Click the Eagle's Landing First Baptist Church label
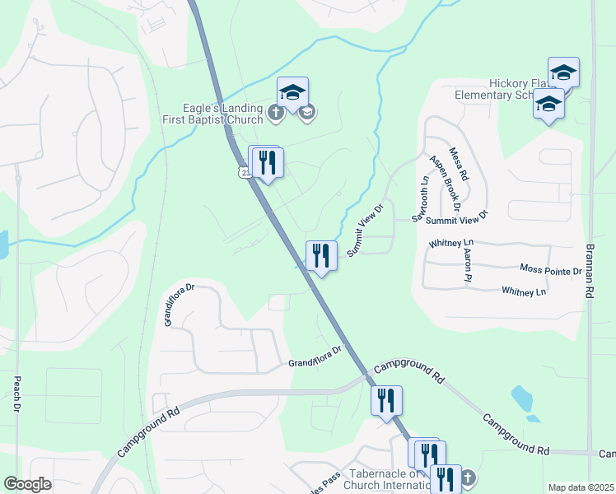pos(222,113)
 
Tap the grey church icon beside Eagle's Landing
pos(276,112)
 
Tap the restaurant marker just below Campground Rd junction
pos(386,401)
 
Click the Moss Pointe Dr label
pos(551,269)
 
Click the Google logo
pos(28,484)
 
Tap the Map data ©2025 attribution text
pos(581,487)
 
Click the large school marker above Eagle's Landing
pos(292,91)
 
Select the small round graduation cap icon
pos(307,112)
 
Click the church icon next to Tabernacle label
pos(467,478)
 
